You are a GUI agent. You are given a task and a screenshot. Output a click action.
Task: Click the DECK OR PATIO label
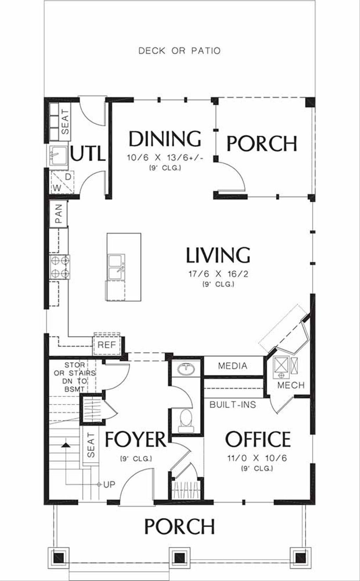pos(179,51)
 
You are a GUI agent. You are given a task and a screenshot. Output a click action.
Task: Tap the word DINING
pos(165,139)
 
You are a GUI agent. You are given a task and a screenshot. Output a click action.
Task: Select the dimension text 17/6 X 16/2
pos(218,274)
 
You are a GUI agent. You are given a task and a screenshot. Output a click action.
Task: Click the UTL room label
pos(88,154)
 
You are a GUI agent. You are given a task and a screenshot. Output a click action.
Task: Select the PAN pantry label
pos(58,214)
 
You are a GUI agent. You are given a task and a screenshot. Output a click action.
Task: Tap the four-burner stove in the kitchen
pos(59,267)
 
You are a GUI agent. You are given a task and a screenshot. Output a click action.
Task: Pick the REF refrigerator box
pos(107,345)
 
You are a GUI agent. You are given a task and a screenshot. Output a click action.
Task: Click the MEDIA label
pos(232,366)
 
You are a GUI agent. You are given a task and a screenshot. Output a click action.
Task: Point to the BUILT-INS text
pos(233,404)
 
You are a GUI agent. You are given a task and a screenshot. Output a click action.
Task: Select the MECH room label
pos(291,385)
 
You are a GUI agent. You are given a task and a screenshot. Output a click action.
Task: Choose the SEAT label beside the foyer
pos(91,445)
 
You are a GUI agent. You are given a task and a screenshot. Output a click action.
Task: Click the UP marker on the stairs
pos(109,484)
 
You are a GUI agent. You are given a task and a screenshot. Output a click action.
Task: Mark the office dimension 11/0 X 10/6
pos(257,458)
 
